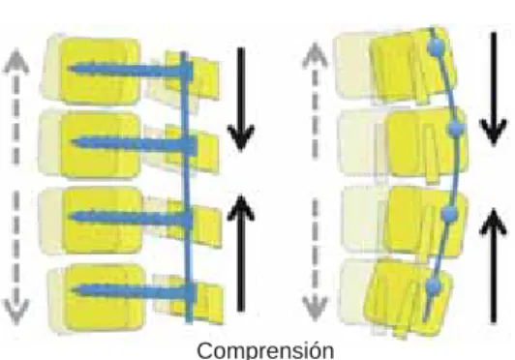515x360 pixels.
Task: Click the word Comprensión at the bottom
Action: (265, 350)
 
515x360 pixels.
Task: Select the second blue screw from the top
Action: (134, 143)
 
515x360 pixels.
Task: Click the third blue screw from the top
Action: (132, 218)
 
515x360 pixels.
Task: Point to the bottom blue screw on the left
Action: (134, 290)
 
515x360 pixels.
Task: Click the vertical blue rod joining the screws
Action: (187, 187)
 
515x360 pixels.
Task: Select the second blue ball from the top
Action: (457, 129)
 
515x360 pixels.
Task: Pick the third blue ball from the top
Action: (448, 214)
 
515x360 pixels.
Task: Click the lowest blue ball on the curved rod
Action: (435, 286)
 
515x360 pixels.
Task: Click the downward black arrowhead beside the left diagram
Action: (241, 137)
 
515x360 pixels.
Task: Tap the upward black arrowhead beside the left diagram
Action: (241, 208)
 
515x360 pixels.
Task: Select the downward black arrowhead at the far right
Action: (493, 132)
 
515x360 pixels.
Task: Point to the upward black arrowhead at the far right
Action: (493, 222)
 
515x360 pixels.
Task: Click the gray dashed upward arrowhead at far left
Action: (15, 60)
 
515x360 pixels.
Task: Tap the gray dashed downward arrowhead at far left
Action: (15, 312)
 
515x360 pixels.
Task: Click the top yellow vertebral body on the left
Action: (99, 71)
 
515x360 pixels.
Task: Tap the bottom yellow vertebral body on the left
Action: (104, 297)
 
